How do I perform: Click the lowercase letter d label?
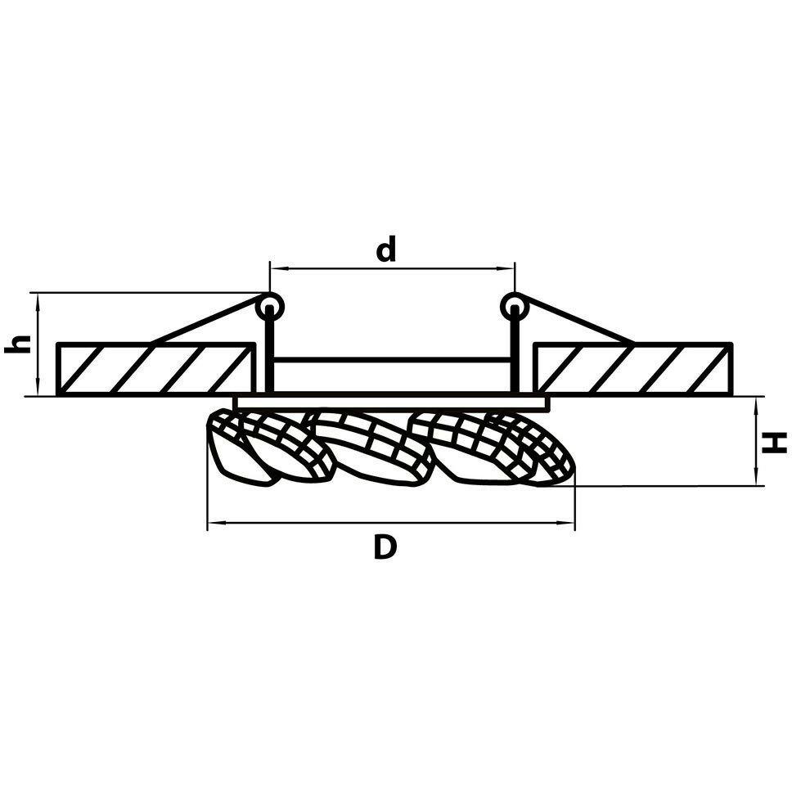[x=385, y=249]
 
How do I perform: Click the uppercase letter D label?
[x=385, y=547]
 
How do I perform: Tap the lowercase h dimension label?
[x=18, y=344]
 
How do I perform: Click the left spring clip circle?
[x=268, y=307]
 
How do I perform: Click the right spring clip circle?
[x=513, y=307]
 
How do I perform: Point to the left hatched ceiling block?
[x=154, y=369]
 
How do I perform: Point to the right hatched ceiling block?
[x=632, y=369]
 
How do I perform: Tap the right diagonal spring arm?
[x=577, y=322]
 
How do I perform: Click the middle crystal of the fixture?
[x=372, y=446]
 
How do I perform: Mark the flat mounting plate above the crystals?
[x=391, y=403]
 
